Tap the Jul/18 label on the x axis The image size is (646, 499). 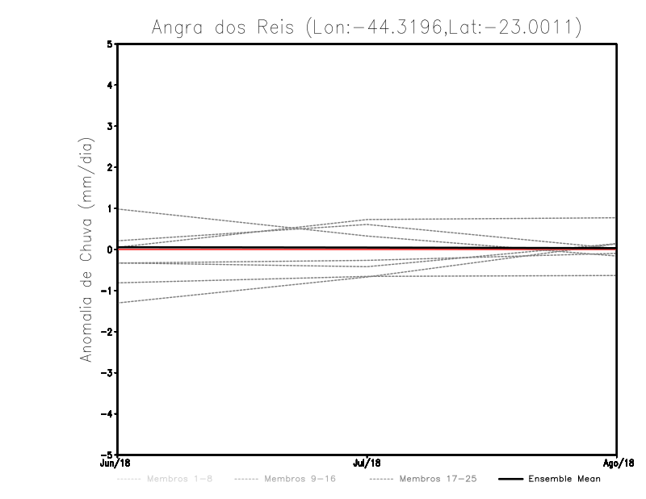367,463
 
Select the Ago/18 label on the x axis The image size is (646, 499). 616,463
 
